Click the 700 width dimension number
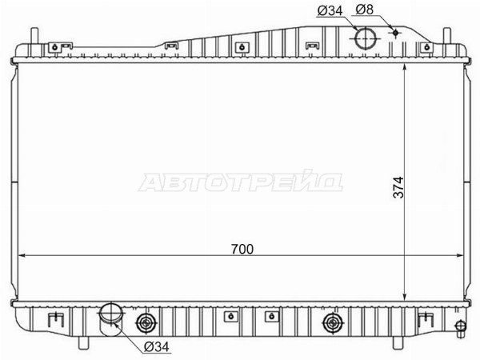coord(242,249)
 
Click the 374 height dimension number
coord(399,187)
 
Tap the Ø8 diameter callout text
coord(365,10)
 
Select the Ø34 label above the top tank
coord(330,10)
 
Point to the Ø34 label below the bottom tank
coord(157,346)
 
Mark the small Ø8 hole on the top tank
coord(395,32)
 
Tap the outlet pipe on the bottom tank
coord(111,319)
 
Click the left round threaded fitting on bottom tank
coord(146,322)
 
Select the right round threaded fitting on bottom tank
coord(333,322)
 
